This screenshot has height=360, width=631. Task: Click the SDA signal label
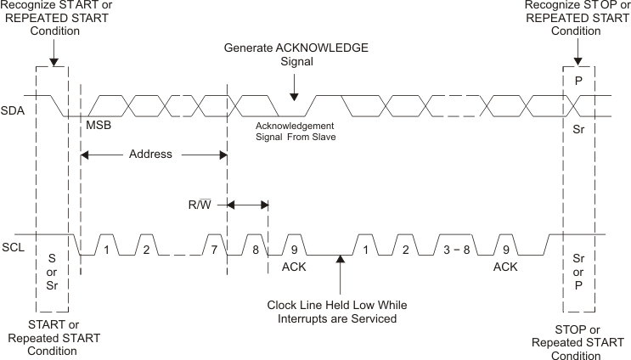(x=13, y=111)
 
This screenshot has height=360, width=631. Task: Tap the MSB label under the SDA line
(x=98, y=125)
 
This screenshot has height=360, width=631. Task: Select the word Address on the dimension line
(x=150, y=155)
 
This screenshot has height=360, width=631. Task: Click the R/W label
(x=200, y=205)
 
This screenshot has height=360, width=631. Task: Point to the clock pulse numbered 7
(x=215, y=250)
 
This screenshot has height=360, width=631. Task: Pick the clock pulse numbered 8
(x=255, y=250)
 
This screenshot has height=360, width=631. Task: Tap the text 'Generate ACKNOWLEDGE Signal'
(x=296, y=55)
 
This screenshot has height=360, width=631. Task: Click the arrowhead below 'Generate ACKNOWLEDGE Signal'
(x=294, y=98)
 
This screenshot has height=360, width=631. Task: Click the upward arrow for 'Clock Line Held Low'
(x=341, y=261)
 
